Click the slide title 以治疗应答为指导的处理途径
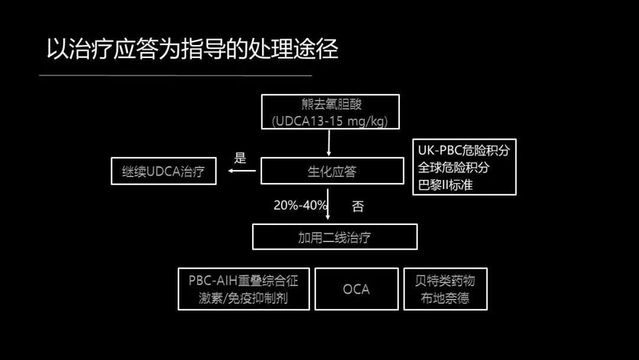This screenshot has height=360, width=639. pos(192,50)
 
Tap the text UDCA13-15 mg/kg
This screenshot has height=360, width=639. pos(330,121)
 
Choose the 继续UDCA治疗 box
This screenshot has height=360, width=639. pos(163,172)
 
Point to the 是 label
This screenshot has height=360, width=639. pos(240,158)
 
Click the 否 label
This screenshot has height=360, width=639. pos(358,206)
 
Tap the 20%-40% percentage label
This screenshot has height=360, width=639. pos(300,205)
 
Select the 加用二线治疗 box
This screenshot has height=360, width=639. pos(334,237)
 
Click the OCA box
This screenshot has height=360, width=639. pos(356,289)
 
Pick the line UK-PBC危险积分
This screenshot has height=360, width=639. pos(463,150)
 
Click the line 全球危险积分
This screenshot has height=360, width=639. pos(454,168)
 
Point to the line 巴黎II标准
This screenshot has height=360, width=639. pos(446,184)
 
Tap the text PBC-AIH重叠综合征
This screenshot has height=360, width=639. pos(244,280)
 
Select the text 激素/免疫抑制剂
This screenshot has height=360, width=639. pos(244,298)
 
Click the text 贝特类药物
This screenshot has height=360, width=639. pos(445,280)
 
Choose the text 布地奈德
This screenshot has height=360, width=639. pos(445,298)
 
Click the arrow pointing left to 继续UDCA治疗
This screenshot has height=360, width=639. pos(243,171)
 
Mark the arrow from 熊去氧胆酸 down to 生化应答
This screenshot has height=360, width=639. pos(329,143)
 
